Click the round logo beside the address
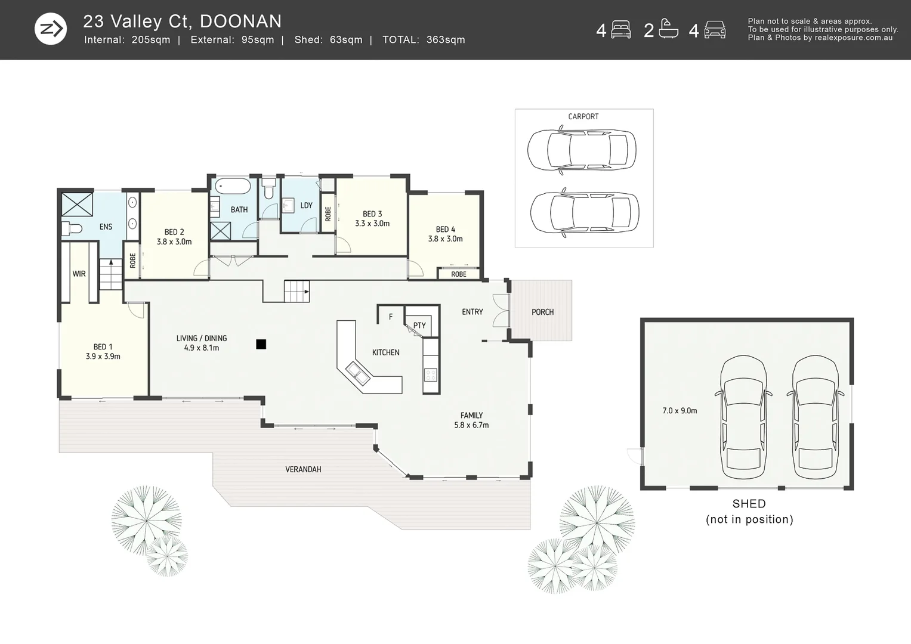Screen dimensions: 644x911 tap(50, 29)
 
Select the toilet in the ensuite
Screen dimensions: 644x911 tap(72, 228)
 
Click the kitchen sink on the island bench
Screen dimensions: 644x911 tap(358, 374)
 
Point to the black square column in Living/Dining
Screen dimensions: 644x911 tap(261, 344)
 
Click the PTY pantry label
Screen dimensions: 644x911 tap(419, 325)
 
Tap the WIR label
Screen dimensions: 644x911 tap(79, 274)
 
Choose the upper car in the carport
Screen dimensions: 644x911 tap(582, 150)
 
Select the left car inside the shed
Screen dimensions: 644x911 tap(743, 417)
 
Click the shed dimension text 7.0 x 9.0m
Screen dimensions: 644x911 tap(680, 411)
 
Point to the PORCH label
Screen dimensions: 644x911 tap(542, 312)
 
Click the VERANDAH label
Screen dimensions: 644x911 tap(303, 469)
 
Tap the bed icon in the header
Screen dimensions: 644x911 tap(621, 30)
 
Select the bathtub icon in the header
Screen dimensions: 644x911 tap(668, 30)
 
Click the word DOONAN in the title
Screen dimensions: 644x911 tap(240, 21)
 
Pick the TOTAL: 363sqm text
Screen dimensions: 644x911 tap(424, 40)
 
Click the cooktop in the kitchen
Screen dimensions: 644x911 tap(431, 374)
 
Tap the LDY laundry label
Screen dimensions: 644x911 tap(306, 205)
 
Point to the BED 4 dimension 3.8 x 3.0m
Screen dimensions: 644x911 tap(445, 239)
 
